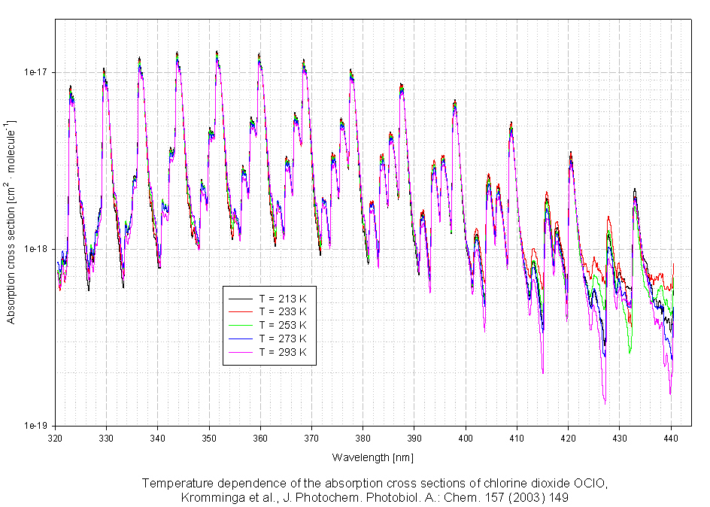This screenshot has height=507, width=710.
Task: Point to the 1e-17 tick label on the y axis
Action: click(37, 73)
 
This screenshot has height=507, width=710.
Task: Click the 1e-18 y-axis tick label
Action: click(37, 249)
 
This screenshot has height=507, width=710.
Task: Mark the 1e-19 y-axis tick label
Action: click(37, 426)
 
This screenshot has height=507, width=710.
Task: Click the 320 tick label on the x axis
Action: click(55, 436)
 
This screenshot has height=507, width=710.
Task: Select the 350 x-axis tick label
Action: click(209, 436)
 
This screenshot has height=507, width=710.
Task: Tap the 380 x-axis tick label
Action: click(363, 436)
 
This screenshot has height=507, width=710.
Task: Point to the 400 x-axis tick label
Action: click(465, 436)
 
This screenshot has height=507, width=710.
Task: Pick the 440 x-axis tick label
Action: click(670, 436)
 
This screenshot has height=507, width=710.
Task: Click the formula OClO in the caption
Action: click(590, 483)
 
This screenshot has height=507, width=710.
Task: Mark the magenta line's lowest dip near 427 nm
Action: click(605, 404)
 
